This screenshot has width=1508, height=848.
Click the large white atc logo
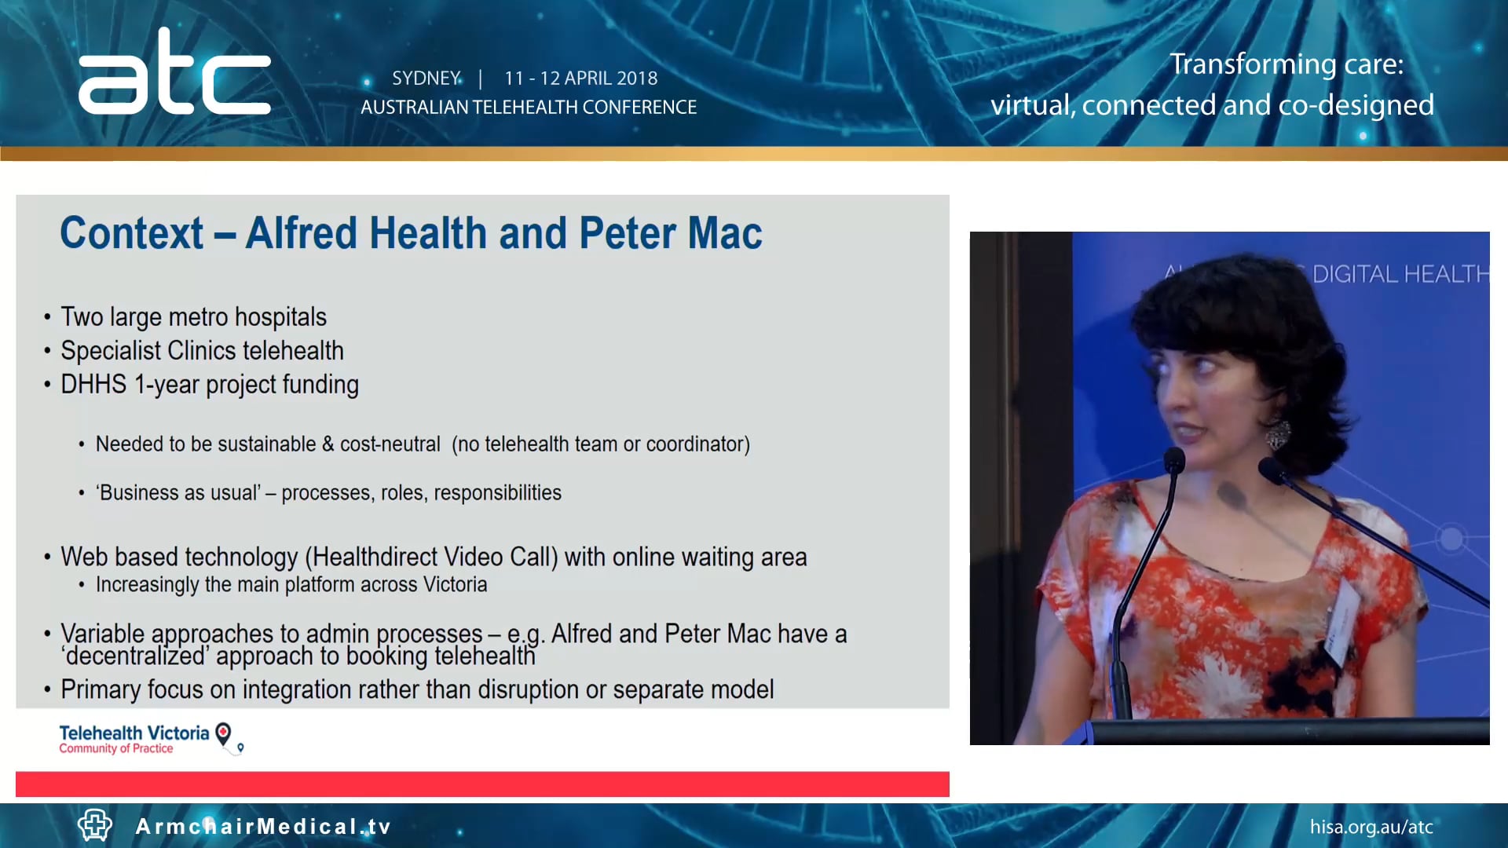174,75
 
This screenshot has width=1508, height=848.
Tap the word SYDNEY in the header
426,79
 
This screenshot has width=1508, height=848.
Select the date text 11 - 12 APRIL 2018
580,79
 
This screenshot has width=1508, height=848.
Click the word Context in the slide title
131,233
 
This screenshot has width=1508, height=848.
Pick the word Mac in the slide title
726,233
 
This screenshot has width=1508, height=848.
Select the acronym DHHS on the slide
93,385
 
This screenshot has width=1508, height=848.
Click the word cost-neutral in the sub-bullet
390,444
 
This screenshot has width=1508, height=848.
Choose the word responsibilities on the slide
497,493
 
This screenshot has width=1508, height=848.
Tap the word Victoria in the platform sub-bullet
455,585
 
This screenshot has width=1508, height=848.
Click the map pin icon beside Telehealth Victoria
224,734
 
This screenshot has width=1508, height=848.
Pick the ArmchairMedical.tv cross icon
95,825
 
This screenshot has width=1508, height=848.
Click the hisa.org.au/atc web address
1371,827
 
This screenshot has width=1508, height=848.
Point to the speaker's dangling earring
1279,434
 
